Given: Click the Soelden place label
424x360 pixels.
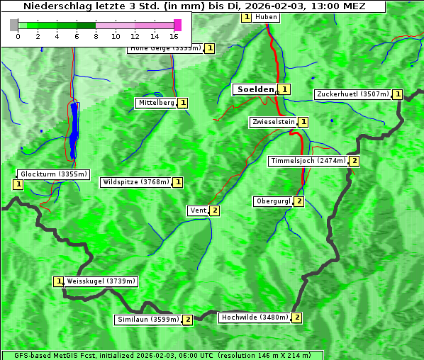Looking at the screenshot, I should [x=254, y=89].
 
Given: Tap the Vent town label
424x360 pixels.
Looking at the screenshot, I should [x=198, y=210].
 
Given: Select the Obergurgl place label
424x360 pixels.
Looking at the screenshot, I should [x=272, y=201].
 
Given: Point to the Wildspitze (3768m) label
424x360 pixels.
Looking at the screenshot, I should [x=136, y=182].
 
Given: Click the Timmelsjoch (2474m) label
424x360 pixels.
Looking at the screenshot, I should [x=308, y=161].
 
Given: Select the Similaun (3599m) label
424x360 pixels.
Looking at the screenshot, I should [x=148, y=320].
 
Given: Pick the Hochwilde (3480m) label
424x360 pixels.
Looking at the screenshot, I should [x=254, y=317].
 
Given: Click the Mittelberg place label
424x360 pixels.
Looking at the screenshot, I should [x=156, y=103].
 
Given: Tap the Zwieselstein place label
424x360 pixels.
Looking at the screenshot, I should [x=273, y=122].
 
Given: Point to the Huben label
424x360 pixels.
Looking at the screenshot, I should [x=266, y=17].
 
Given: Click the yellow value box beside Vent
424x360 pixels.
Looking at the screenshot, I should [x=214, y=210].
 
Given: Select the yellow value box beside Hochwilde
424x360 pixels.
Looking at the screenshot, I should [x=296, y=317].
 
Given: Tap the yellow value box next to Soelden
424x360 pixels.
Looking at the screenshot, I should [x=284, y=89].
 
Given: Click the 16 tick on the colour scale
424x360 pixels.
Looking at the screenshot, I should [x=174, y=36].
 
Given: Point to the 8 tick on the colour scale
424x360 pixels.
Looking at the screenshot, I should [x=96, y=36].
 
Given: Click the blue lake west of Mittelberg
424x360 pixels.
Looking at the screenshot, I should [x=74, y=131].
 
